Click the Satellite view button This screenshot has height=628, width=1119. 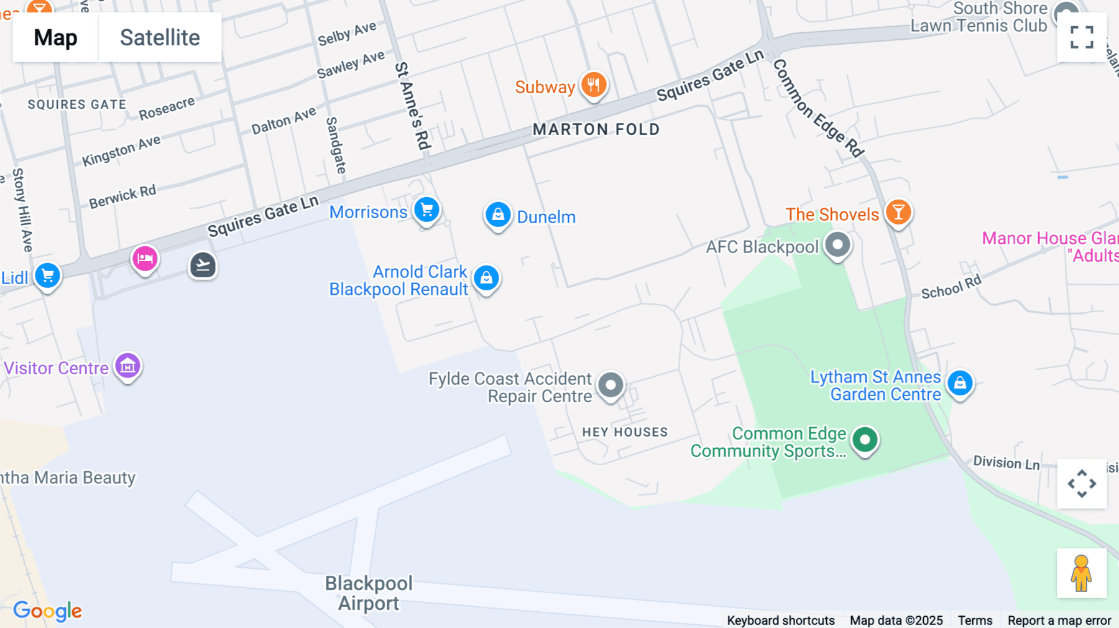160,38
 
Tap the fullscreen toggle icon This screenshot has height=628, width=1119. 1082,37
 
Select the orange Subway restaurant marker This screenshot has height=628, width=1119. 593,85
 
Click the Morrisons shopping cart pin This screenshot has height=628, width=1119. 426,210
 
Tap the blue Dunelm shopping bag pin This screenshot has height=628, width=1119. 498,215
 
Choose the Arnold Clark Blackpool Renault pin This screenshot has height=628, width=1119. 486,278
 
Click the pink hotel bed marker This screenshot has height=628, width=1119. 145,258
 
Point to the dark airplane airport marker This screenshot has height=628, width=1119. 203,266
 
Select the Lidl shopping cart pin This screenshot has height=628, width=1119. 48,275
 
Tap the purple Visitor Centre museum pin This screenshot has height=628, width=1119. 127,366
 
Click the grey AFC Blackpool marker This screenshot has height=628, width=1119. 837,244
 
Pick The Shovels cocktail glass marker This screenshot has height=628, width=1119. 898,213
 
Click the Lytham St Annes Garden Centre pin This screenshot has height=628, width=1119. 960,382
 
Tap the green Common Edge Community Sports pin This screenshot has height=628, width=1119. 864,440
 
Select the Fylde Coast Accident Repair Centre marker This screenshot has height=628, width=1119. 610,385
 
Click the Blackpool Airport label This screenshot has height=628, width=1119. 369,593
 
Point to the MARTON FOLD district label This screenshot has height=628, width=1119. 596,129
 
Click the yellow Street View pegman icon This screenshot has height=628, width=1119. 1081,573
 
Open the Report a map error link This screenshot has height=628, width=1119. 1059,621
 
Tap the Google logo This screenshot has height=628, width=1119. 47,611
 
